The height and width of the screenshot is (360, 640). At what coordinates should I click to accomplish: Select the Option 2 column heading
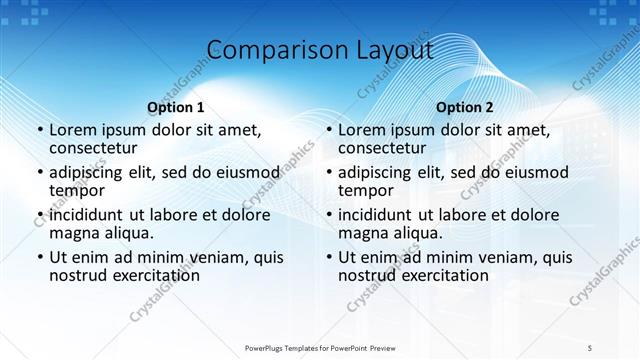click(x=464, y=107)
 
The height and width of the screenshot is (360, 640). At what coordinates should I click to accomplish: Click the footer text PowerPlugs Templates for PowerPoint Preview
click(x=320, y=348)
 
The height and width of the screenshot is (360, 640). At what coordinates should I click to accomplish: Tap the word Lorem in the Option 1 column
click(x=73, y=129)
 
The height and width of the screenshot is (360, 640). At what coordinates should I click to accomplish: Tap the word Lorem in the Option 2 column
click(x=362, y=129)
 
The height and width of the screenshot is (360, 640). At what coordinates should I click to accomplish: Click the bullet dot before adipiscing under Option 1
click(x=39, y=172)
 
